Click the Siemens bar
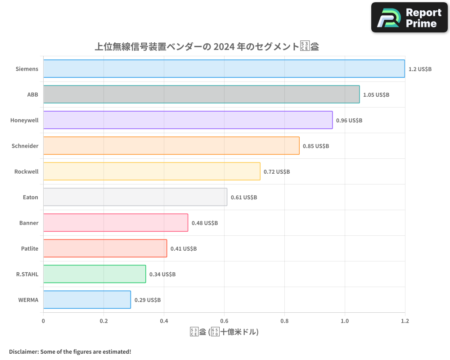tap(224, 69)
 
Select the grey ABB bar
tap(201, 94)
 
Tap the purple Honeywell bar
tap(188, 120)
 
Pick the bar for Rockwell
tap(152, 171)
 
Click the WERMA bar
tap(87, 300)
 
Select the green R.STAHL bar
tap(94, 274)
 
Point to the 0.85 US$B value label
tap(316, 146)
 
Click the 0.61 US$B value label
tap(244, 198)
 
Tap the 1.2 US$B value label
tap(420, 69)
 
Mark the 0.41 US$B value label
tap(184, 249)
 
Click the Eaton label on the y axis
tap(30, 198)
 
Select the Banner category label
tap(29, 223)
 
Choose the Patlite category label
tap(29, 249)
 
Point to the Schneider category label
tap(25, 146)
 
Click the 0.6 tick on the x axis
tap(224, 321)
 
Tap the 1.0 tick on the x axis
tap(345, 321)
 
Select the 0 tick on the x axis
tap(43, 321)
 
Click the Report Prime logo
tap(409, 18)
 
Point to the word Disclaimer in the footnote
tap(23, 352)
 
